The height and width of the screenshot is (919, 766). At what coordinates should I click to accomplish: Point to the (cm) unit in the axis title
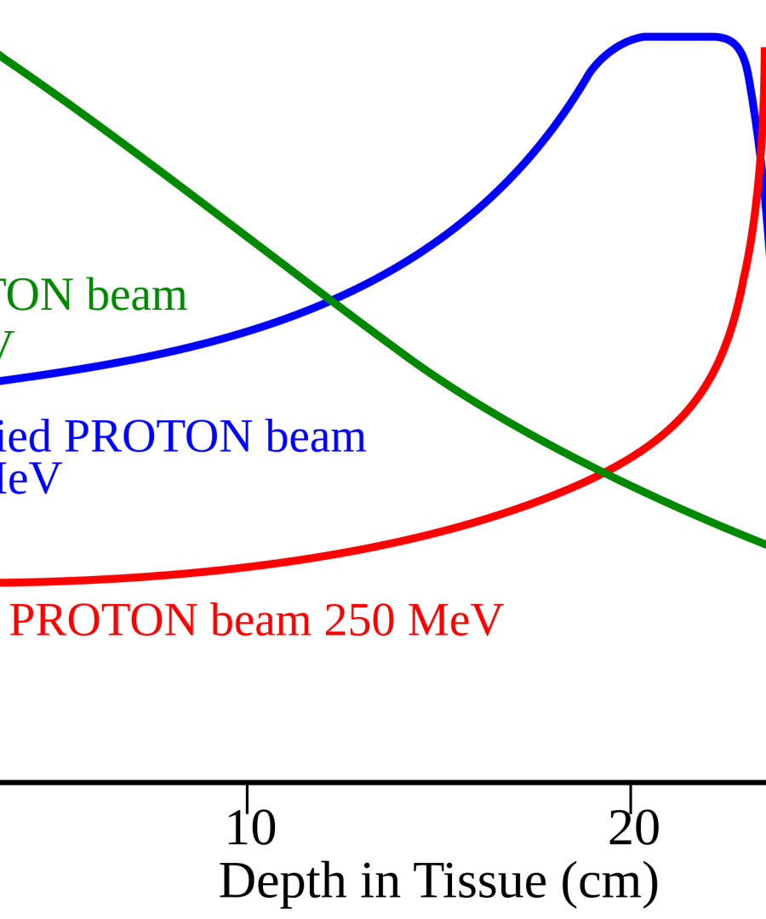(609, 883)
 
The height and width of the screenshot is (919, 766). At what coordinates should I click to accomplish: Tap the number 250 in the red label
(358, 621)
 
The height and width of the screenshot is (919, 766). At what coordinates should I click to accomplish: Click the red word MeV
(455, 621)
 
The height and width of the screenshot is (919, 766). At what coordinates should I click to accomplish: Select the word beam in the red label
(260, 621)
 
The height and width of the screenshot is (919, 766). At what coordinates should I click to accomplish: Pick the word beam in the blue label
(316, 437)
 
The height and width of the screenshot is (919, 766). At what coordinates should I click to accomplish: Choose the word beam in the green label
(136, 296)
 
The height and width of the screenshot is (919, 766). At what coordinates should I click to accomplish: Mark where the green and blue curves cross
(330, 300)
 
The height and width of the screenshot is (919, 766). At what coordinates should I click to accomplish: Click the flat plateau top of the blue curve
(681, 37)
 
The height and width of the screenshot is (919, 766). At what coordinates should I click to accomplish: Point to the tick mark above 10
(247, 796)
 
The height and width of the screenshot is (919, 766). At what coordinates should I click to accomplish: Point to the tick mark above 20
(630, 796)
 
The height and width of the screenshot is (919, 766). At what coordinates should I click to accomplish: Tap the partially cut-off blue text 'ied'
(26, 437)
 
